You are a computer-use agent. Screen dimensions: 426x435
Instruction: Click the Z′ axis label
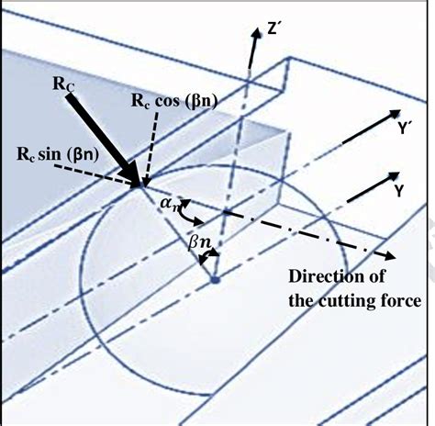click(272, 29)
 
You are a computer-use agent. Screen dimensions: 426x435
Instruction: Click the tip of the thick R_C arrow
click(139, 185)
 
